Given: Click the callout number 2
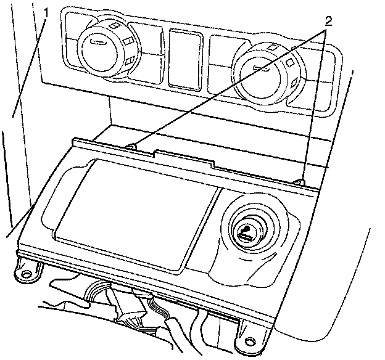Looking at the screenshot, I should coord(328,21).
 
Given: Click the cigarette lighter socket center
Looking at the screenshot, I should coord(245,233).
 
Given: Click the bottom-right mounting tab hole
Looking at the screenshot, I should coord(250,341).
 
